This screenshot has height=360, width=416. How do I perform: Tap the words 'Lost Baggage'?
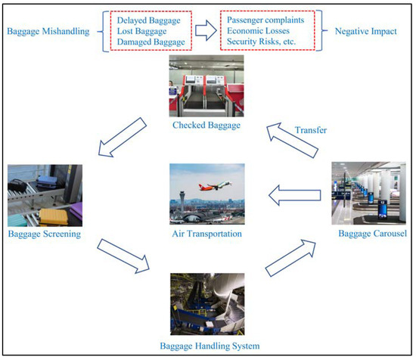coord(142,32)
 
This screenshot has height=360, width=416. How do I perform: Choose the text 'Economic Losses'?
coord(259,32)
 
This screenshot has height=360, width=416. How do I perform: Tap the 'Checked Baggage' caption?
coord(205,126)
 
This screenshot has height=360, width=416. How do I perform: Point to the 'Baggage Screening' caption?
coord(45,234)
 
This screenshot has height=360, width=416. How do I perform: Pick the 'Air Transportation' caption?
coord(205,234)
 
